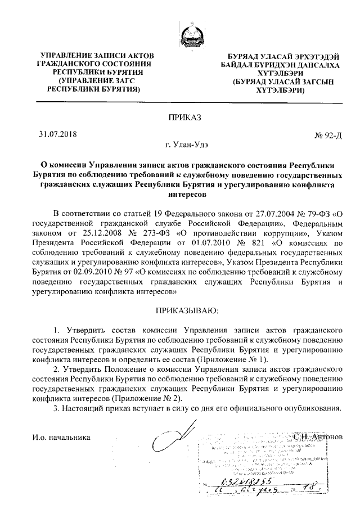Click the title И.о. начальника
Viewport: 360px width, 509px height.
(x=61, y=436)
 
